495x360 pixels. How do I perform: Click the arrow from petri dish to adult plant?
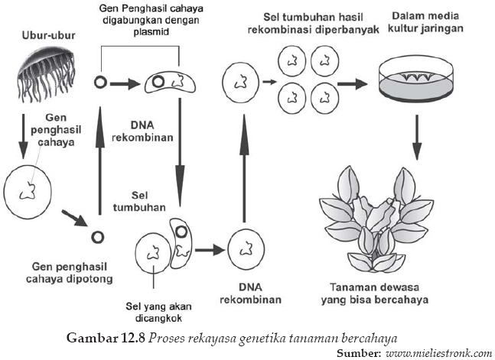(x=416, y=133)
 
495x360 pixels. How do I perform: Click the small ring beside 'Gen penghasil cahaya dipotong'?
(x=97, y=236)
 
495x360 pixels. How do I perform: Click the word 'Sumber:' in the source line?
(x=360, y=353)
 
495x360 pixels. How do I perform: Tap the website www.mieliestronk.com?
(x=439, y=353)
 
